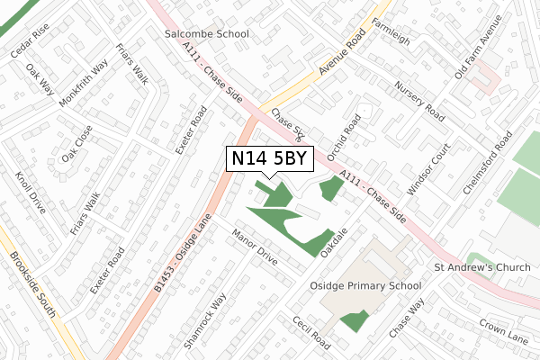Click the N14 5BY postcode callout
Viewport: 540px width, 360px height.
270,159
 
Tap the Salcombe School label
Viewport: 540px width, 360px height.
207,34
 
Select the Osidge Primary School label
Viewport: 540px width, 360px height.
365,286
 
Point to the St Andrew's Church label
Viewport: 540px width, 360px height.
482,267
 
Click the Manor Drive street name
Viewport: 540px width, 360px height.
255,247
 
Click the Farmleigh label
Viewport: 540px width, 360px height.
390,30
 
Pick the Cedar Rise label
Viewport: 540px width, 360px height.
30,41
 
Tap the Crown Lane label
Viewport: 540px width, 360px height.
503,328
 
